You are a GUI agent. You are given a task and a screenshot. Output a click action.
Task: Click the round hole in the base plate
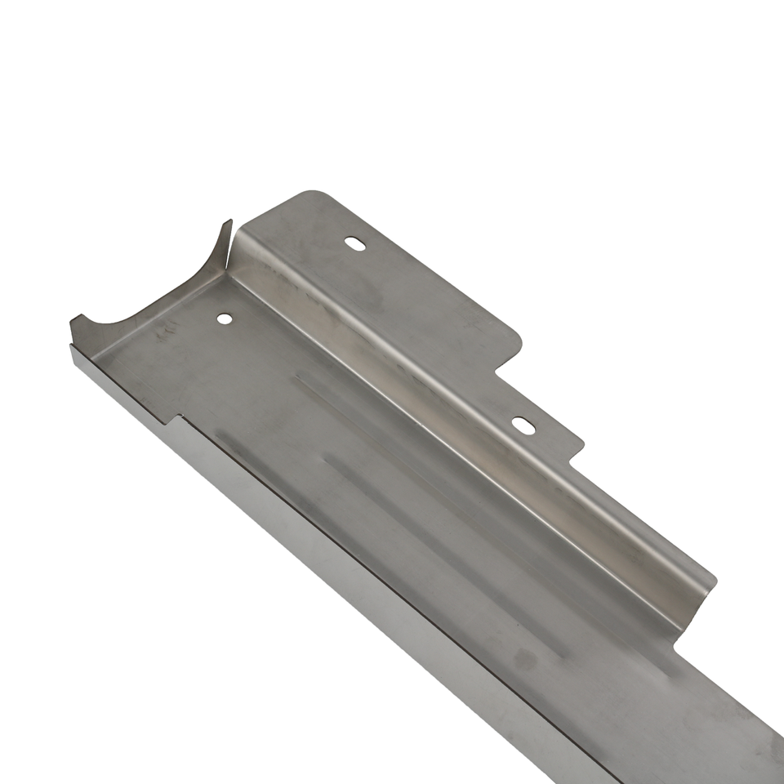[x=224, y=318]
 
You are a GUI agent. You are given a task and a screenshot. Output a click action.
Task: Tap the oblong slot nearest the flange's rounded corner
[x=355, y=243]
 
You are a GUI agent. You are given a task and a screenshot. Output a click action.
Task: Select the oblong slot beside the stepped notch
[x=523, y=425]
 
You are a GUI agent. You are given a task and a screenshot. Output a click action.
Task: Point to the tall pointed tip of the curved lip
[x=229, y=223]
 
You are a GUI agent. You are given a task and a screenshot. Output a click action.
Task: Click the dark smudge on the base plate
[x=523, y=657]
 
